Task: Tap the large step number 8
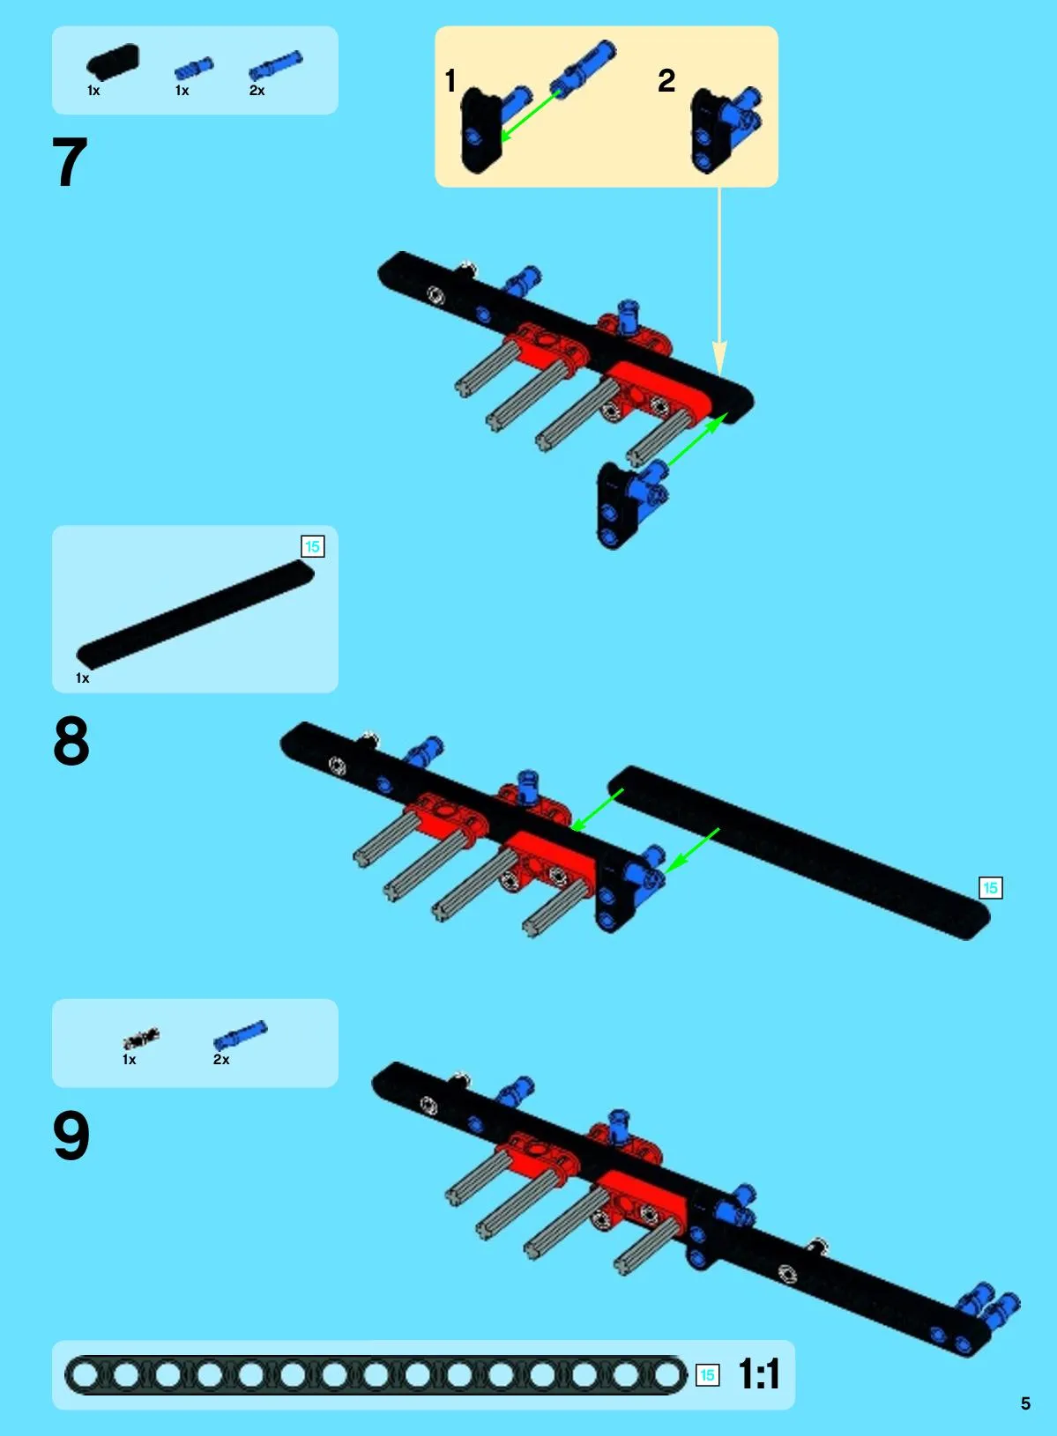[71, 741]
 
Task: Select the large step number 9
[71, 1136]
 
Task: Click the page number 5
[1025, 1403]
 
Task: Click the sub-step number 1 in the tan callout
[450, 81]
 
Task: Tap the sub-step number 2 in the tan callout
[666, 81]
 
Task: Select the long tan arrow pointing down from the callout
[719, 281]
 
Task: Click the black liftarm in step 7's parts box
[113, 62]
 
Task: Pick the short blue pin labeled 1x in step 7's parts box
[194, 67]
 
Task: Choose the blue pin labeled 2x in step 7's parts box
[275, 64]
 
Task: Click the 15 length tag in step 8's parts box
[312, 546]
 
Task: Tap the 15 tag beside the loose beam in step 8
[990, 888]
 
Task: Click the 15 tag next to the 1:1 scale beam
[707, 1375]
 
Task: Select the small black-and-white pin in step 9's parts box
[141, 1038]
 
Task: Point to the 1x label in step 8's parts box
[82, 678]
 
